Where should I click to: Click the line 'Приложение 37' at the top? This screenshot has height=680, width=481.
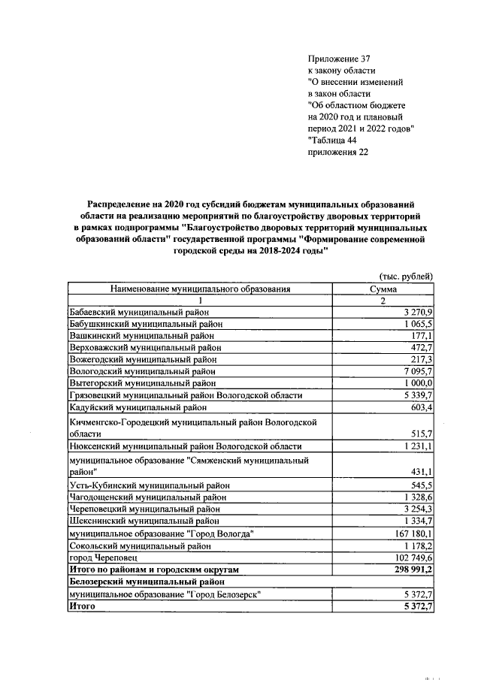340,58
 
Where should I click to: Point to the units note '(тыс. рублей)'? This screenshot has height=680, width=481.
404,276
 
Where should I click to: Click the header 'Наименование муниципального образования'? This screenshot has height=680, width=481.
200,289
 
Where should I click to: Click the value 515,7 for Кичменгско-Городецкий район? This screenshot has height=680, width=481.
422,434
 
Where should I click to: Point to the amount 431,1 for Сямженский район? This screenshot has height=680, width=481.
422,470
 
